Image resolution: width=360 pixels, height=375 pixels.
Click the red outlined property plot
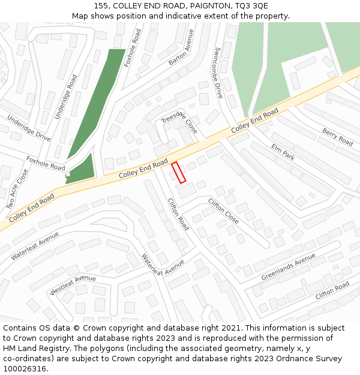pyautogui.click(x=179, y=173)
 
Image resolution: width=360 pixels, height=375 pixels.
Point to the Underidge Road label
pyautogui.click(x=66, y=97)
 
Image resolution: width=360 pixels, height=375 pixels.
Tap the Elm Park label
pyautogui.click(x=283, y=151)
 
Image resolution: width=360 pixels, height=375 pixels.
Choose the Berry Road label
pyautogui.click(x=337, y=137)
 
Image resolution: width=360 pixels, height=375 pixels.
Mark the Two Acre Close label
pyautogui.click(x=17, y=189)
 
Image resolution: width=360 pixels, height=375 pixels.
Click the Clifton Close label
pyautogui.click(x=223, y=211)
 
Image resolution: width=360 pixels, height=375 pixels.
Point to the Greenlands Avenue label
pyautogui.click(x=288, y=266)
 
